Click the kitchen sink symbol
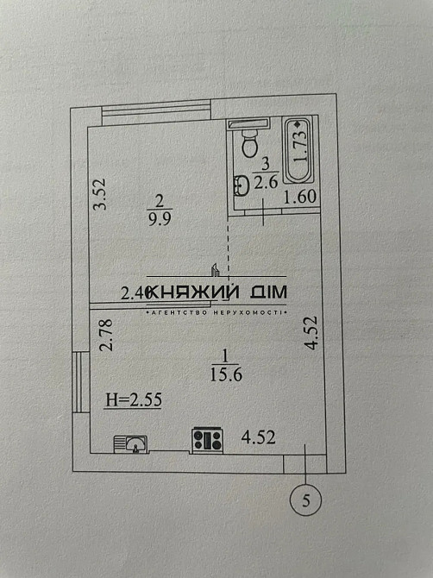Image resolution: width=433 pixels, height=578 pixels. [131, 443]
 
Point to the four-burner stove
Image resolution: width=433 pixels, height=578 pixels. [207, 440]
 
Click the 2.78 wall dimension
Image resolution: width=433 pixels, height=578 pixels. [105, 336]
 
